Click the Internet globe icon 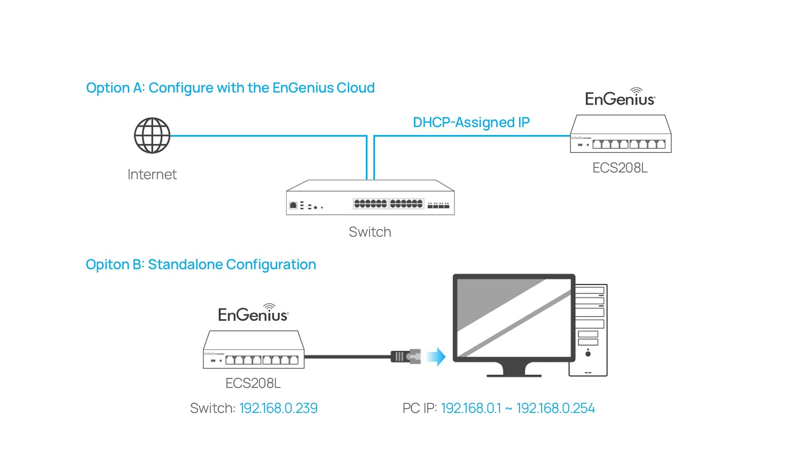click(x=152, y=135)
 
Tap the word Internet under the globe click(x=152, y=174)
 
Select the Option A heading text click(x=230, y=88)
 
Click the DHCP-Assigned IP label click(x=471, y=122)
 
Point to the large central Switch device click(x=370, y=197)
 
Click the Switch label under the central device click(x=370, y=232)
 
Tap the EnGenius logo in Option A click(x=620, y=97)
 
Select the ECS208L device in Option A click(x=621, y=134)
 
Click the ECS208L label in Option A click(x=620, y=168)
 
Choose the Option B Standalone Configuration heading click(x=201, y=265)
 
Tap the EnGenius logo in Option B click(x=253, y=312)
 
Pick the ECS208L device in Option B click(x=254, y=350)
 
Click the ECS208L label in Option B click(x=253, y=383)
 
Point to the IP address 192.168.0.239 click(x=278, y=408)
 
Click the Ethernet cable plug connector click(x=405, y=356)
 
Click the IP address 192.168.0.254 click(x=556, y=408)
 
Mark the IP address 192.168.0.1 click(x=471, y=408)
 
